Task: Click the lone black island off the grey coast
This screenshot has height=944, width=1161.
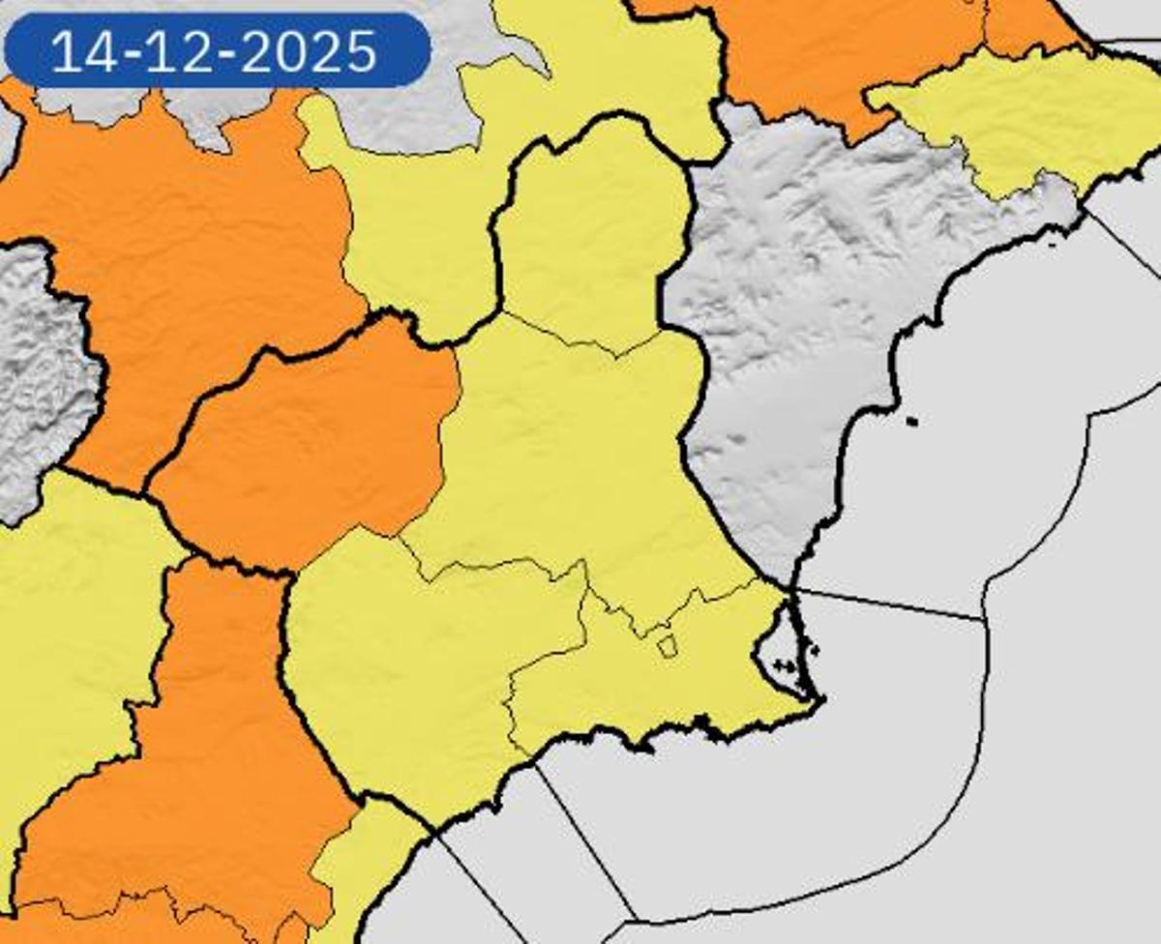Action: click(x=911, y=421)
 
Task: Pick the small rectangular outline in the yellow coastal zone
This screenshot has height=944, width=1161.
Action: click(x=667, y=646)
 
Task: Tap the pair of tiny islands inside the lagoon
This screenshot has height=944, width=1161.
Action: click(x=784, y=665)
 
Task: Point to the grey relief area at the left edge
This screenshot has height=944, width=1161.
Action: click(x=39, y=368)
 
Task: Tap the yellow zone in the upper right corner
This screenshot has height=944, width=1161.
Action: click(x=1026, y=116)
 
